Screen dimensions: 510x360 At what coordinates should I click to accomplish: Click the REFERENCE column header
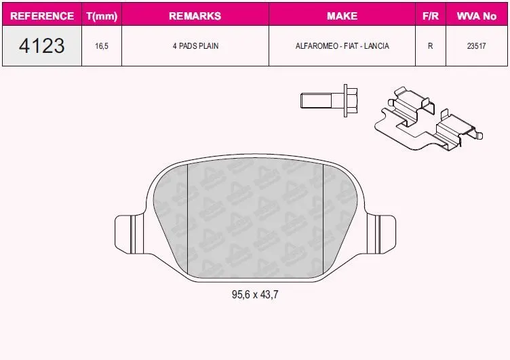tap(42, 16)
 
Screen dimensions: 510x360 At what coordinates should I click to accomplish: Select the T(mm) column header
tap(102, 16)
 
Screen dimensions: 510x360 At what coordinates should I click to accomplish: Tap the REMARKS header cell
tap(195, 16)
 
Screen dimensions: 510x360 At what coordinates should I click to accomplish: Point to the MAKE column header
tap(342, 16)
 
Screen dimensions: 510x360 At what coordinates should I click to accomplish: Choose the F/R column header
tap(431, 16)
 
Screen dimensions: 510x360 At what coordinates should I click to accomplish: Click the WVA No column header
tap(477, 16)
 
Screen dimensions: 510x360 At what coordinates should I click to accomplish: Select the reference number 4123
tap(41, 45)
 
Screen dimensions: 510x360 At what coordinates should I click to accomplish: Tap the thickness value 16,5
tap(102, 46)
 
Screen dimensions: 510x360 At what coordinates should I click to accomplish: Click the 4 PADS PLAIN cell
tap(195, 46)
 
